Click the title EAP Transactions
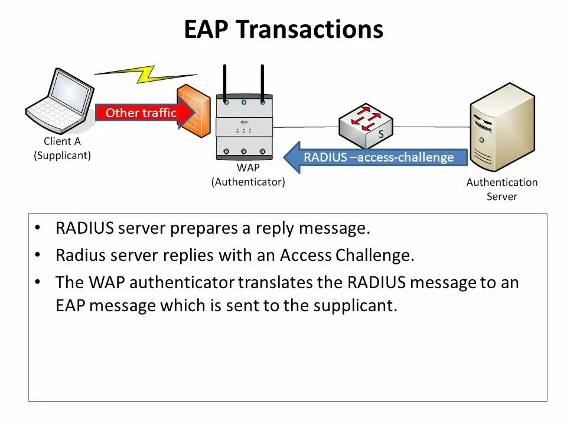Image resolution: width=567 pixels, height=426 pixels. pyautogui.click(x=283, y=29)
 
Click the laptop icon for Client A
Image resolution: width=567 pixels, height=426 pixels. pyautogui.click(x=60, y=101)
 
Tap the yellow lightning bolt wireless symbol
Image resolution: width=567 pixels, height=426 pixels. pyautogui.click(x=145, y=74)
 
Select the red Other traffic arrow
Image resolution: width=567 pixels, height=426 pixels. pyautogui.click(x=145, y=112)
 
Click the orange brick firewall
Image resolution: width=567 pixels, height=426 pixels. pyautogui.click(x=194, y=111)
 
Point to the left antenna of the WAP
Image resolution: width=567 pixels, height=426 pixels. pyautogui.click(x=225, y=83)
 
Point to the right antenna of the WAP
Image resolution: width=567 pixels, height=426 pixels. pyautogui.click(x=262, y=83)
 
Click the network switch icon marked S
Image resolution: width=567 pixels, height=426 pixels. pyautogui.click(x=366, y=125)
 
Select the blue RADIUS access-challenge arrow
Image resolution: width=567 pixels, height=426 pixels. pyautogui.click(x=376, y=157)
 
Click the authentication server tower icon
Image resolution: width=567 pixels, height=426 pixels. pyautogui.click(x=502, y=127)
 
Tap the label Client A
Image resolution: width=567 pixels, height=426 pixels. pyautogui.click(x=62, y=141)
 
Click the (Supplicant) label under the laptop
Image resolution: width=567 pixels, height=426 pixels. pyautogui.click(x=62, y=156)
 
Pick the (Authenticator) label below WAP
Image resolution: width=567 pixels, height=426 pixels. pyautogui.click(x=248, y=182)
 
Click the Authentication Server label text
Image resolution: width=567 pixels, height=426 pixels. pyautogui.click(x=502, y=189)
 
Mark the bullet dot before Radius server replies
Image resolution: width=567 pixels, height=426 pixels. pyautogui.click(x=38, y=255)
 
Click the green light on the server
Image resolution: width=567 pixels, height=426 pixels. pyautogui.click(x=481, y=140)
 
